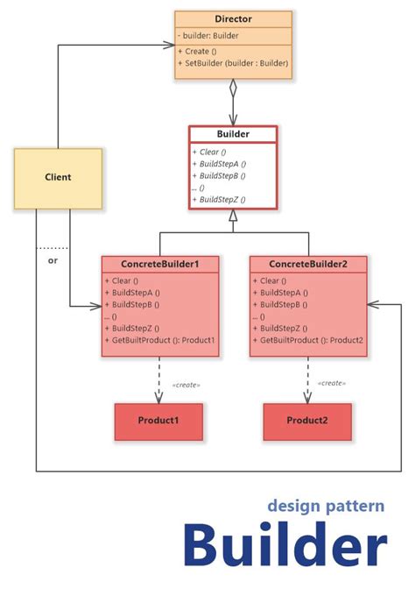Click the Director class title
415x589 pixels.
coord(232,18)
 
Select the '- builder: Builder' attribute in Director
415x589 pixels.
coord(210,35)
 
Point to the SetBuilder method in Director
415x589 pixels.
coord(232,63)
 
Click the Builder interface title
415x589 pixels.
coord(233,134)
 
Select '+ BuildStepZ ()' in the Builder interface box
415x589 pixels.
coord(219,200)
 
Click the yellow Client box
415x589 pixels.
coord(58,177)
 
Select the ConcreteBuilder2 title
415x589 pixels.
coord(307,264)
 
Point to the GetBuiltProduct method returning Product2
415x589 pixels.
coord(309,340)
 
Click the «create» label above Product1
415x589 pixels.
coord(186,383)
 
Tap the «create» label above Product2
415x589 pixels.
coord(332,383)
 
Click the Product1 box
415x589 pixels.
coord(158,421)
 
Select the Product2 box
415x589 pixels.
coord(307,421)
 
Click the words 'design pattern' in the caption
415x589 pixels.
coord(326,506)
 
